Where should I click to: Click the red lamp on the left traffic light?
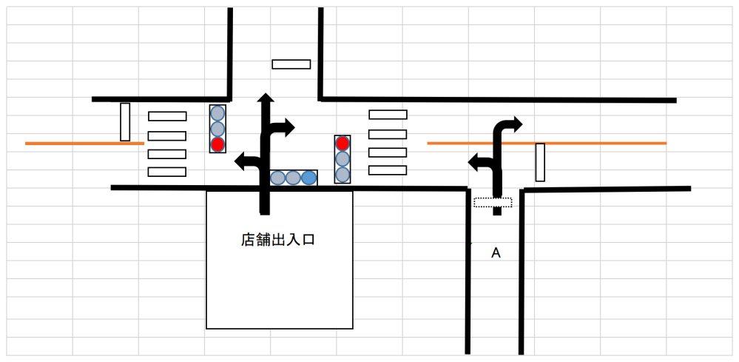pyautogui.click(x=217, y=144)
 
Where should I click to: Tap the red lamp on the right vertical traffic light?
pyautogui.click(x=342, y=143)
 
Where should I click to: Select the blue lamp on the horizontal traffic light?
pyautogui.click(x=309, y=178)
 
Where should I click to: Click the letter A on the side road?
pyautogui.click(x=496, y=253)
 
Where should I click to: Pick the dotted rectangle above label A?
pyautogui.click(x=493, y=202)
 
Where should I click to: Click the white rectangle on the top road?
pyautogui.click(x=291, y=64)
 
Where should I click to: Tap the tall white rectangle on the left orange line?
pyautogui.click(x=125, y=122)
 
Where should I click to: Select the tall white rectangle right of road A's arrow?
pyautogui.click(x=541, y=162)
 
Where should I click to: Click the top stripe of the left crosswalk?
pyautogui.click(x=167, y=116)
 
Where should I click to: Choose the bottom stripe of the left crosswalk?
pyautogui.click(x=167, y=172)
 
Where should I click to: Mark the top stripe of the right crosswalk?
pyautogui.click(x=388, y=115)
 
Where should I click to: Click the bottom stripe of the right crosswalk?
pyautogui.click(x=388, y=170)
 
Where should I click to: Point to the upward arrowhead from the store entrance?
pyautogui.click(x=264, y=98)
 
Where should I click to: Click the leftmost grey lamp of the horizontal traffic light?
pyautogui.click(x=277, y=178)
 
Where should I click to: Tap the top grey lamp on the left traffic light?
pyautogui.click(x=217, y=113)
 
